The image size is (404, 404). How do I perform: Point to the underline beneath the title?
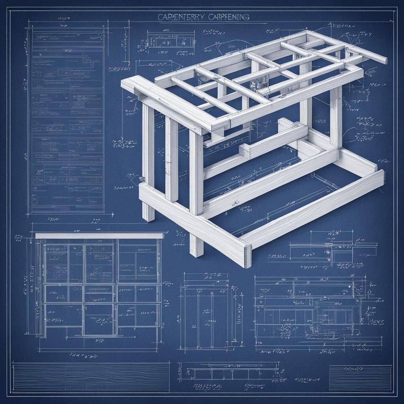[x=202, y=22]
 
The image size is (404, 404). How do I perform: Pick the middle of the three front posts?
[x=172, y=158]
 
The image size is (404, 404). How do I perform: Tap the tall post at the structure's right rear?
[x=336, y=114]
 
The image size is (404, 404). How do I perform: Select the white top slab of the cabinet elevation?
[x=99, y=236]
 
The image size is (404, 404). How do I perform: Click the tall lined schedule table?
[x=67, y=118]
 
